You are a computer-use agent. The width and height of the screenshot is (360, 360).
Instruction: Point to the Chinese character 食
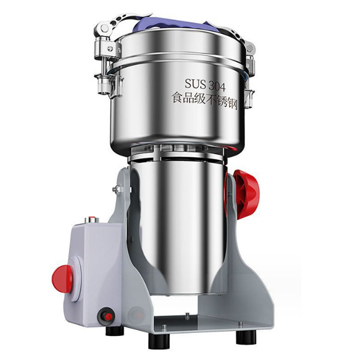click(178, 98)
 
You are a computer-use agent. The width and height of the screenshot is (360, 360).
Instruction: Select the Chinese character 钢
click(232, 104)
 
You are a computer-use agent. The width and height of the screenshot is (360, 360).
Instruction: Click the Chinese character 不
click(209, 101)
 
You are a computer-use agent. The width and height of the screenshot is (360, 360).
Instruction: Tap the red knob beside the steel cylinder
click(246, 194)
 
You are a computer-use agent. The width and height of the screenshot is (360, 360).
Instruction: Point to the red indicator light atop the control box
click(92, 218)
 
